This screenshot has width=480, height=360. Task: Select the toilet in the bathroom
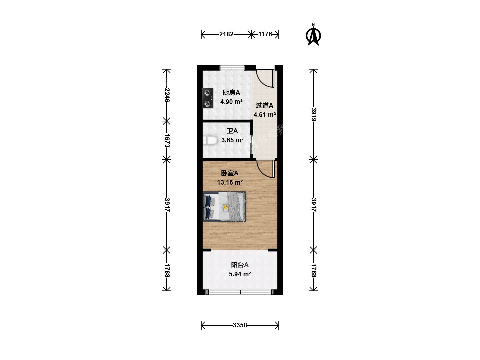coord(210,140)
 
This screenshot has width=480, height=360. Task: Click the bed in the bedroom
coord(224,207)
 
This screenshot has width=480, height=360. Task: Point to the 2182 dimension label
coord(226,34)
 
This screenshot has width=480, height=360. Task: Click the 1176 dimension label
coord(265,34)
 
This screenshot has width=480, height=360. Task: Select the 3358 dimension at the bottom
coord(240,325)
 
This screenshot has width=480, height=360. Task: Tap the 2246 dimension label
coord(167,95)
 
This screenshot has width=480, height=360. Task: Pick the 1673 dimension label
coord(167,141)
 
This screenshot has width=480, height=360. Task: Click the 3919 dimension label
coord(314,114)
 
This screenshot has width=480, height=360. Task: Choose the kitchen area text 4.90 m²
coord(231,102)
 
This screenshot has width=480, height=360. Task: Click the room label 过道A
coord(264,106)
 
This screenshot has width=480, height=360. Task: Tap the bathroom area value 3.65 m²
coord(232,140)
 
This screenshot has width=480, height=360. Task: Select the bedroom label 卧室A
coord(230,173)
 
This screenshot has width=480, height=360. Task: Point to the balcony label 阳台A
coord(240,265)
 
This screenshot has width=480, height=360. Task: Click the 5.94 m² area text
coord(240,274)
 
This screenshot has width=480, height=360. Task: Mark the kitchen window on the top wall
coord(232,68)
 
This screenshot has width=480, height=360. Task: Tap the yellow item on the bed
coord(225,207)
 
